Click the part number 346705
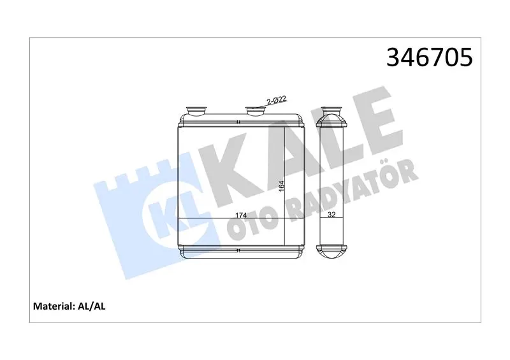pyautogui.click(x=429, y=57)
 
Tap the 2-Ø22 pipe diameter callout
pyautogui.click(x=277, y=100)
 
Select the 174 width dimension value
pyautogui.click(x=241, y=215)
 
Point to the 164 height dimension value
pyautogui.click(x=281, y=185)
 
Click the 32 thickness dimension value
pyautogui.click(x=331, y=215)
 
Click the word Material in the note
pyautogui.click(x=54, y=306)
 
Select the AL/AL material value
pyautogui.click(x=91, y=306)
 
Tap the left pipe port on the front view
pyautogui.click(x=196, y=111)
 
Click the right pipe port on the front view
pyautogui.click(x=256, y=111)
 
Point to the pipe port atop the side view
pyautogui.click(x=331, y=111)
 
